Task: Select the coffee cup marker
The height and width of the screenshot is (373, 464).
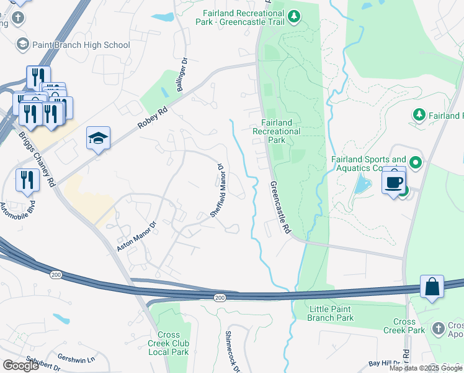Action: tap(393, 182)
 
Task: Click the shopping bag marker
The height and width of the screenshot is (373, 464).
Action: tap(432, 287)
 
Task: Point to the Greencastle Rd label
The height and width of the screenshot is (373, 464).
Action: tap(280, 208)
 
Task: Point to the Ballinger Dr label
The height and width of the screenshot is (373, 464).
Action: tap(182, 76)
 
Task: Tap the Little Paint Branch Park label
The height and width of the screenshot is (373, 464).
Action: tap(330, 313)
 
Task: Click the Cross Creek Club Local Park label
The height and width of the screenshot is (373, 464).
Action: tap(168, 343)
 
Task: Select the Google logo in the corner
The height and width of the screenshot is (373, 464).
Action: tap(20, 366)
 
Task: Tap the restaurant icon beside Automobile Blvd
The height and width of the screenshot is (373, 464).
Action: tap(27, 180)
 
